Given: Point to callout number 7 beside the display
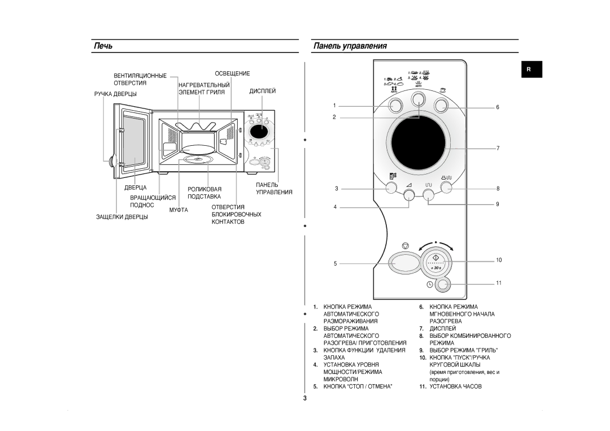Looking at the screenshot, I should tap(499, 148).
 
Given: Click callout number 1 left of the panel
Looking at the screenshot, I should tap(334, 106).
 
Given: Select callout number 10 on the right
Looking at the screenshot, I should tap(499, 260).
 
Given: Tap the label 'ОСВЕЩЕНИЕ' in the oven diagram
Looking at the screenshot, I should tap(232, 73).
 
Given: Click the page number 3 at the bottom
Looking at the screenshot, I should tap(304, 399).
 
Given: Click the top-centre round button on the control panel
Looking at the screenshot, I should tap(419, 99).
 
